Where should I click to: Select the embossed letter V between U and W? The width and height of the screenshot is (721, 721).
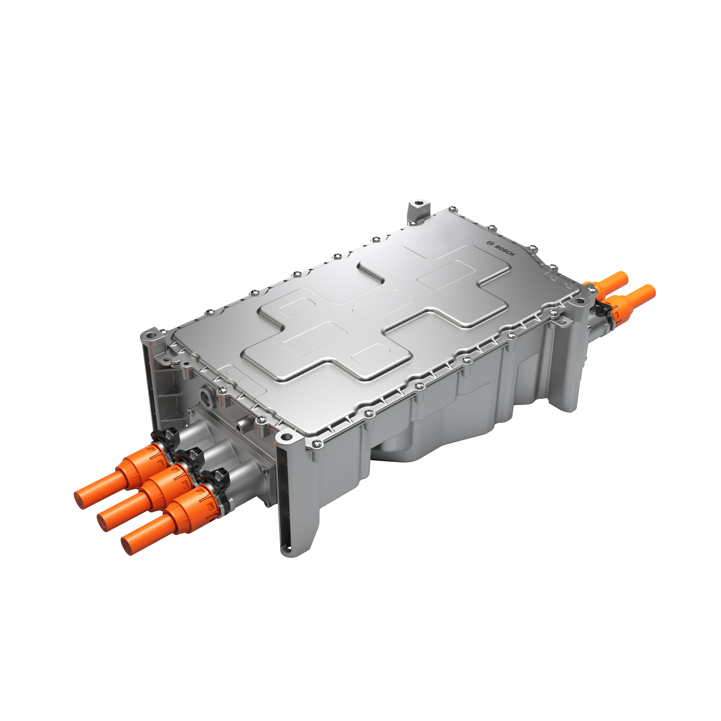point(243,380)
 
